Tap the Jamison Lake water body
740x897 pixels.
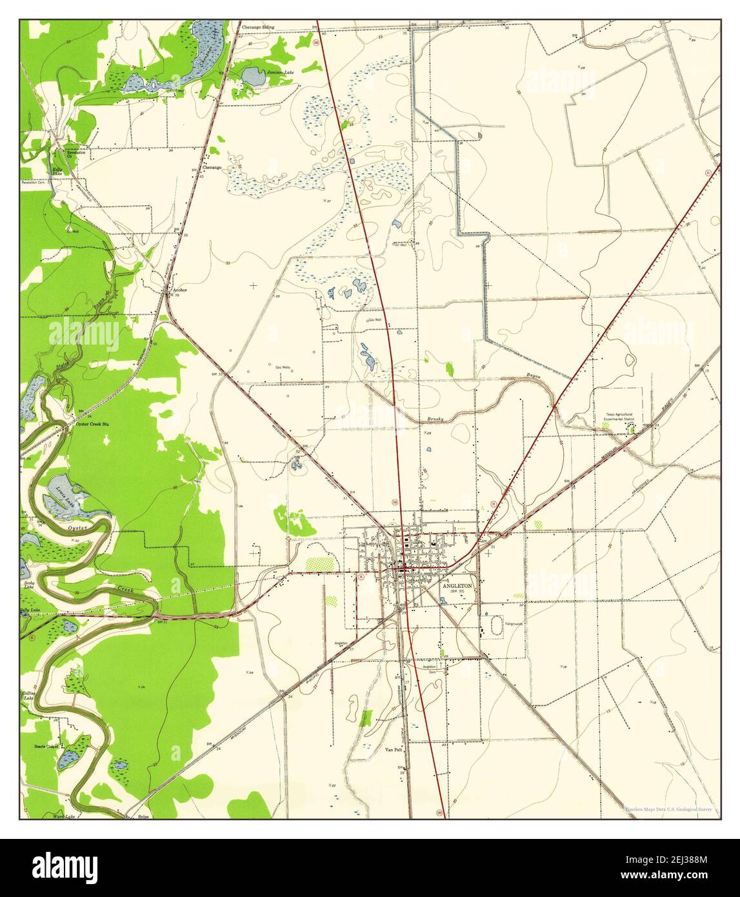[x=253, y=77]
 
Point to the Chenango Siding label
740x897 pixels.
[x=258, y=28]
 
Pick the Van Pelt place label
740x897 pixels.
[x=394, y=750]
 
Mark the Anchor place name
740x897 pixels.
[x=180, y=290]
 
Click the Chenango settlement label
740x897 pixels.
[x=212, y=167]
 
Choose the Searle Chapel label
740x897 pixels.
[x=46, y=747]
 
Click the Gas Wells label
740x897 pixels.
[x=283, y=367]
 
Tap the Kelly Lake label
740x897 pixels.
[x=57, y=172]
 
